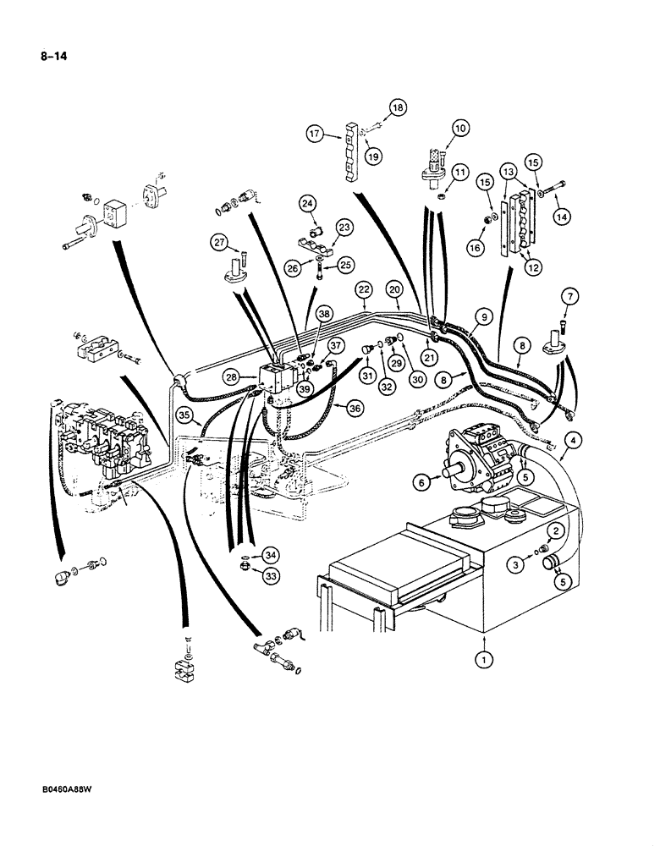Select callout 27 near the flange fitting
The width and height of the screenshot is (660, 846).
point(220,245)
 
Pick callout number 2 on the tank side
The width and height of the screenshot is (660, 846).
point(556,530)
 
